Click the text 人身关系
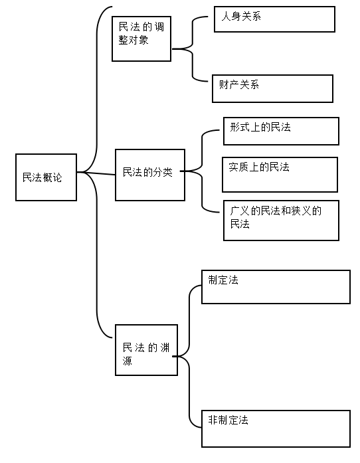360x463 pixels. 241,16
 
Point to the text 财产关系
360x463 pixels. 239,85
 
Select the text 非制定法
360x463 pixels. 228,420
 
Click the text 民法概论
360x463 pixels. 43,177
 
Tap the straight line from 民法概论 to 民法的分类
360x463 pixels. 96,173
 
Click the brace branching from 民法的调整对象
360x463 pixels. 193,48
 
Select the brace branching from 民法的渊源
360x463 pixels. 189,357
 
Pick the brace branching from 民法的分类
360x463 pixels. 203,171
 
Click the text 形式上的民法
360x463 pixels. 260,128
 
